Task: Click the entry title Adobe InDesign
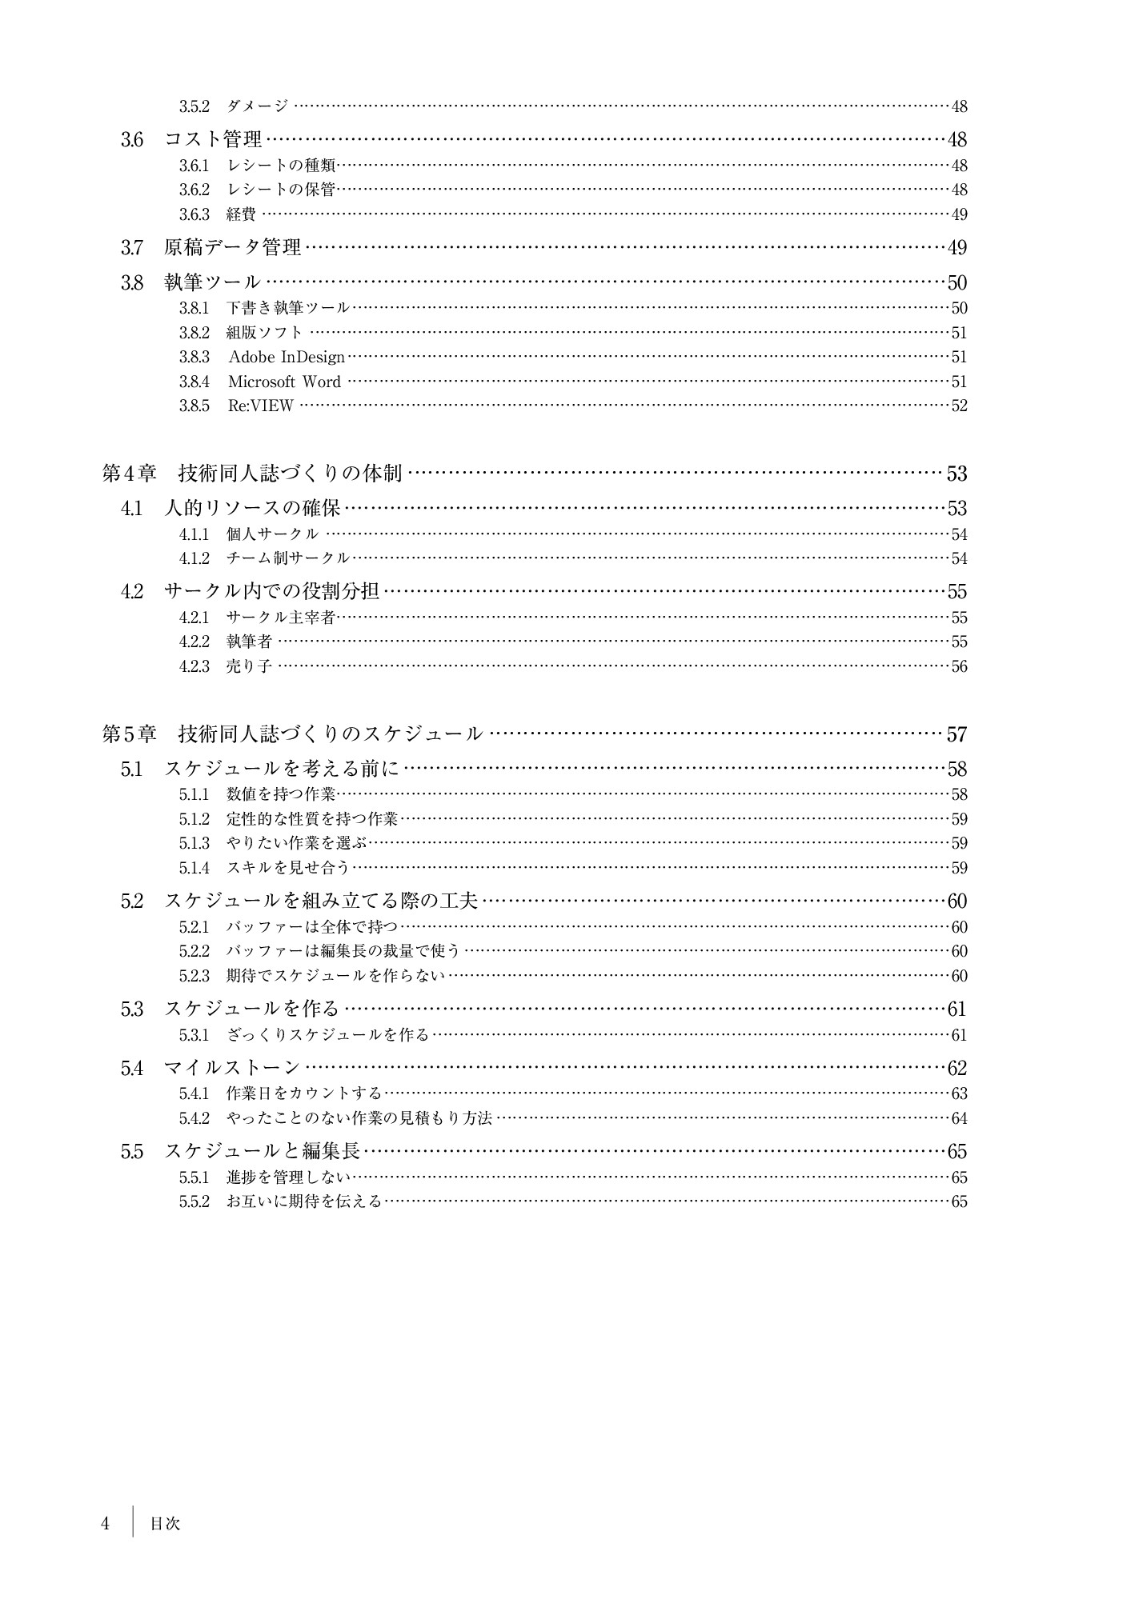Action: (x=287, y=358)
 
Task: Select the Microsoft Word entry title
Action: (x=284, y=382)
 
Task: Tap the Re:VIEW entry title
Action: (x=260, y=406)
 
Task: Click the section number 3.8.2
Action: (x=194, y=333)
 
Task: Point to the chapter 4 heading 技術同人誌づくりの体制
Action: (x=290, y=474)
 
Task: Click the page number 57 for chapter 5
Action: (x=957, y=734)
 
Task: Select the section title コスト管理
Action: (x=213, y=140)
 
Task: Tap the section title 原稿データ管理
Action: (x=232, y=248)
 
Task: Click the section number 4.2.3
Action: (x=194, y=666)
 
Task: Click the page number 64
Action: (x=959, y=1118)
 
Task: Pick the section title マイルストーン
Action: (x=232, y=1068)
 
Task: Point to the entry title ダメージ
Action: (x=257, y=106)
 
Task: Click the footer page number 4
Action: (x=105, y=1524)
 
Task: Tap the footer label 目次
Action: (x=166, y=1524)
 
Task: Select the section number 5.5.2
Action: (x=194, y=1201)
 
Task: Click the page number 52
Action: (x=959, y=406)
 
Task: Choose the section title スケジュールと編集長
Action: (x=262, y=1152)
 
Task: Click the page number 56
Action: (x=959, y=666)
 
